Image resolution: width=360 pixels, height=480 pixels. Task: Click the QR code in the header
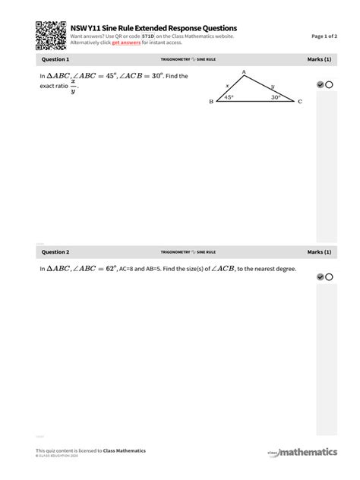[51, 35]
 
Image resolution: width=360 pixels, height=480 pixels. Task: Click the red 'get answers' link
[126, 43]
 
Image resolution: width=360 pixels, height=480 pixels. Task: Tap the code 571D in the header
[148, 36]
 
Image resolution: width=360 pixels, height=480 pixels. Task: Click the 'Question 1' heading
[55, 59]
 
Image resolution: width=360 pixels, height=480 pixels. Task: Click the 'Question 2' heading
[55, 251]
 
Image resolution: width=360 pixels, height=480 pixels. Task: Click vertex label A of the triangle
[244, 72]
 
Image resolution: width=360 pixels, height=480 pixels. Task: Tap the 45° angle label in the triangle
[229, 97]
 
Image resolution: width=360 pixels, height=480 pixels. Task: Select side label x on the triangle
[226, 86]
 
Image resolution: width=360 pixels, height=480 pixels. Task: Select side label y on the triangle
[273, 86]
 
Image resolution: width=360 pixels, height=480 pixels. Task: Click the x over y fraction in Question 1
[74, 86]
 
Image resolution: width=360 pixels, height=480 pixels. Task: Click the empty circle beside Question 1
[330, 85]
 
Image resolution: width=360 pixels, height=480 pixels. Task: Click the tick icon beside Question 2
[321, 277]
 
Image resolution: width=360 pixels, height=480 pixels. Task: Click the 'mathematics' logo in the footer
[307, 453]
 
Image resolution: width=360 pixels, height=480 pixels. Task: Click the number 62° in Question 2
[112, 269]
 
